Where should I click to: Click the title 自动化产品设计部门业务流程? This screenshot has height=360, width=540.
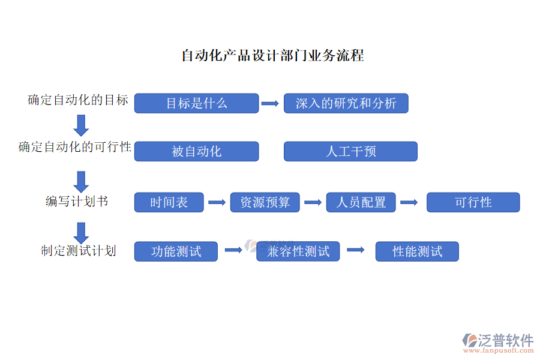point(272,56)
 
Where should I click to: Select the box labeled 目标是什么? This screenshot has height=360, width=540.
point(196,103)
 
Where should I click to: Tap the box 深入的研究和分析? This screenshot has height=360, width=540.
point(346,103)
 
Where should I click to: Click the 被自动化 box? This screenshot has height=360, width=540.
point(196,151)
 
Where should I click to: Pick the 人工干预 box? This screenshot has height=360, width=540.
point(350,151)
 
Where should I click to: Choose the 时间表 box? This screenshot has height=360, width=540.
point(169,202)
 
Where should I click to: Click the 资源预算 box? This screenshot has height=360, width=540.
point(265,202)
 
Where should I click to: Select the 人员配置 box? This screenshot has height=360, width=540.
point(361,202)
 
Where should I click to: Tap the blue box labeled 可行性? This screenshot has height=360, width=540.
point(473,202)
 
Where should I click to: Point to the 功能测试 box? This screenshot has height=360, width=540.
point(176,251)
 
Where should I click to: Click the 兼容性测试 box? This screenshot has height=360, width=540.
point(298,251)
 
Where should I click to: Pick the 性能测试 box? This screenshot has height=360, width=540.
point(417,251)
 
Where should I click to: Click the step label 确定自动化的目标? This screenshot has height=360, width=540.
point(78,100)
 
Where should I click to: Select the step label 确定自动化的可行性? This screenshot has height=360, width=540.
point(75,147)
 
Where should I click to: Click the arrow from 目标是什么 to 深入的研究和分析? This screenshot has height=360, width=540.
point(271,103)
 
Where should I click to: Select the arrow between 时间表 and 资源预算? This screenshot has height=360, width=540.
point(217,203)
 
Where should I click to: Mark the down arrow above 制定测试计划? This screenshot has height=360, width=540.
point(81,232)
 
